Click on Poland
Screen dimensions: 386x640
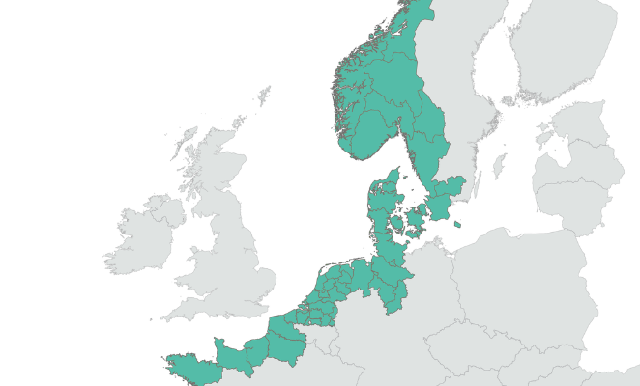click(x=522, y=280)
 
